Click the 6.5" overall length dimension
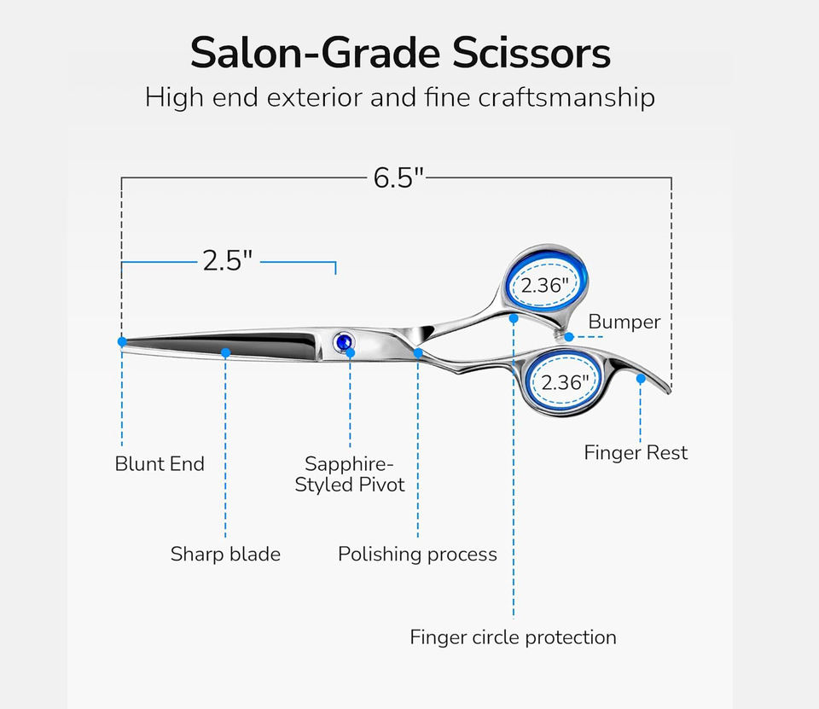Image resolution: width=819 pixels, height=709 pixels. [398, 177]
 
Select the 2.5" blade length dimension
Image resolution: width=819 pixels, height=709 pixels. [228, 260]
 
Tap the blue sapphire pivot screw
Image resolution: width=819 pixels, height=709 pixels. [345, 342]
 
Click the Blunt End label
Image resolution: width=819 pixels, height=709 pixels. [160, 464]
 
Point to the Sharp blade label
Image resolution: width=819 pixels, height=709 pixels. [225, 555]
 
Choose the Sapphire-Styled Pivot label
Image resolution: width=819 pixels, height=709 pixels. [350, 474]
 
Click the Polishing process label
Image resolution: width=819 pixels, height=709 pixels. [417, 555]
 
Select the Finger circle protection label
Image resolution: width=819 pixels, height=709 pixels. [513, 637]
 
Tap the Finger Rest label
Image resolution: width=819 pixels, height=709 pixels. [636, 452]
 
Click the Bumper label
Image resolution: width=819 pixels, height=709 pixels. [624, 322]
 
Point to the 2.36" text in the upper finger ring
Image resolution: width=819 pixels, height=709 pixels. [545, 286]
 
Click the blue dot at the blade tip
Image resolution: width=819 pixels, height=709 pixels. [122, 341]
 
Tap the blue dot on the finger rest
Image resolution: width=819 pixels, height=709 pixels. [641, 378]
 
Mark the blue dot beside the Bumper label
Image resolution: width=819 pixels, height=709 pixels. [569, 337]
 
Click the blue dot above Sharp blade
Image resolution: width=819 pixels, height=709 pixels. [225, 352]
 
